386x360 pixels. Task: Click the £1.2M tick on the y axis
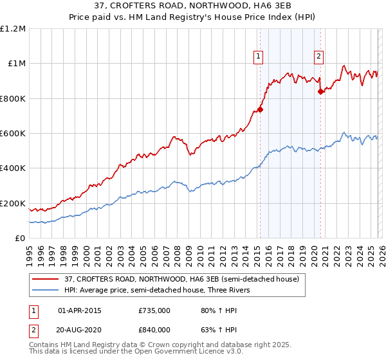tap(13, 29)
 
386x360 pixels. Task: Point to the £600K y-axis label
tap(13, 134)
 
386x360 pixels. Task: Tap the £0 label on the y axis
tap(19, 239)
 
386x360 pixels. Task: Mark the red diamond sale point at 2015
tap(261, 110)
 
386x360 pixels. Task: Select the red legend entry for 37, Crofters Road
tap(181, 279)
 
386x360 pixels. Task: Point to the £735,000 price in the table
tap(154, 310)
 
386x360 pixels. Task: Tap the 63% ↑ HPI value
tap(215, 329)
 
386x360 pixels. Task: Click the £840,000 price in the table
tap(154, 329)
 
